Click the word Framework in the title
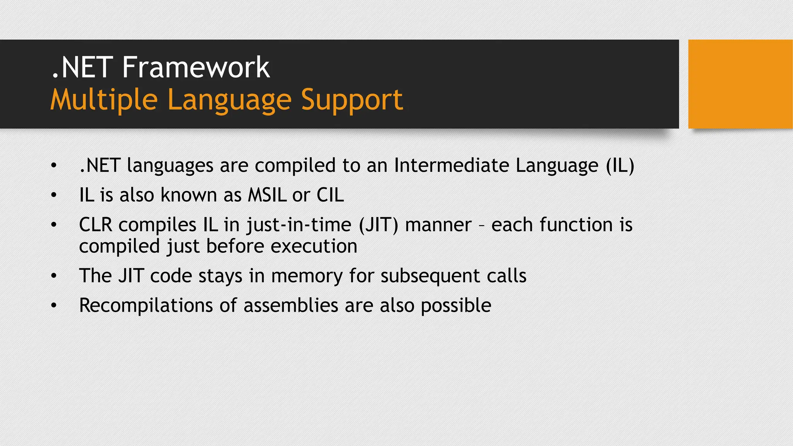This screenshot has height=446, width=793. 196,68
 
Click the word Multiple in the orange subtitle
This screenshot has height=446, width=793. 104,100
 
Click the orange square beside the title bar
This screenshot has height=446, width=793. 740,84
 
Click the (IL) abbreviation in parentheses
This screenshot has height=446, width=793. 620,166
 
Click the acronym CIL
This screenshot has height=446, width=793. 330,195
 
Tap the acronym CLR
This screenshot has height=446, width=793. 95,225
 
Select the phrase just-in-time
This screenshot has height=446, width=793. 299,225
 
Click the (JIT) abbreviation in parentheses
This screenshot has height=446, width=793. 378,225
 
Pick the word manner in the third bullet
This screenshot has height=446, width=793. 438,225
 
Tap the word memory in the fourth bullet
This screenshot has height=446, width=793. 307,276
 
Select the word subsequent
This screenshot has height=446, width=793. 430,276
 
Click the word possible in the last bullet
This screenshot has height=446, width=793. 456,305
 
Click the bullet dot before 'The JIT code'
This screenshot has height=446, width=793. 54,276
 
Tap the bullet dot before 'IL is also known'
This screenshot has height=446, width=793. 54,195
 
